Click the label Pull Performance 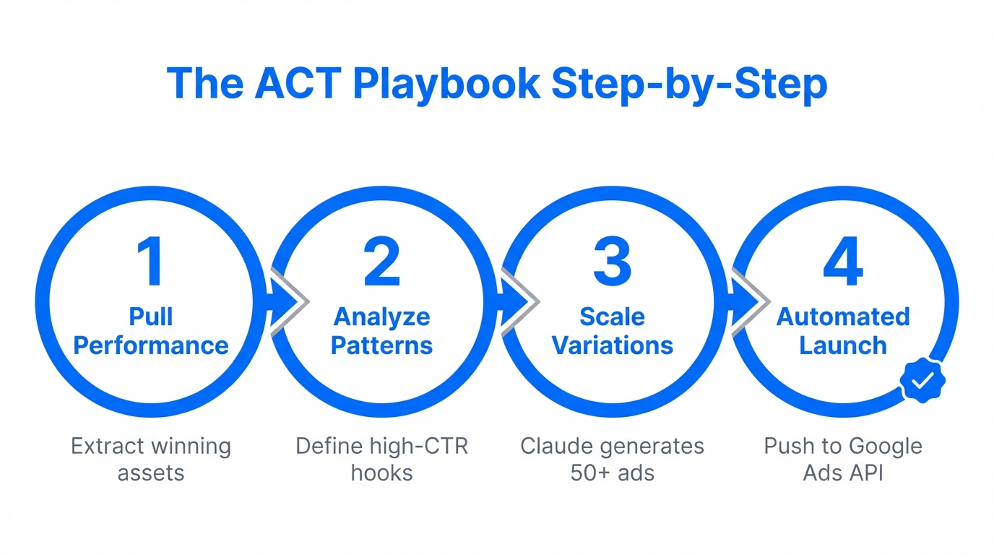point(151,331)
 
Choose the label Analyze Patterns point(381,331)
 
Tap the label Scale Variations point(613,331)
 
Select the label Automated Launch point(843,331)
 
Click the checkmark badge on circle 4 point(922,380)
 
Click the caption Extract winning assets point(151,459)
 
